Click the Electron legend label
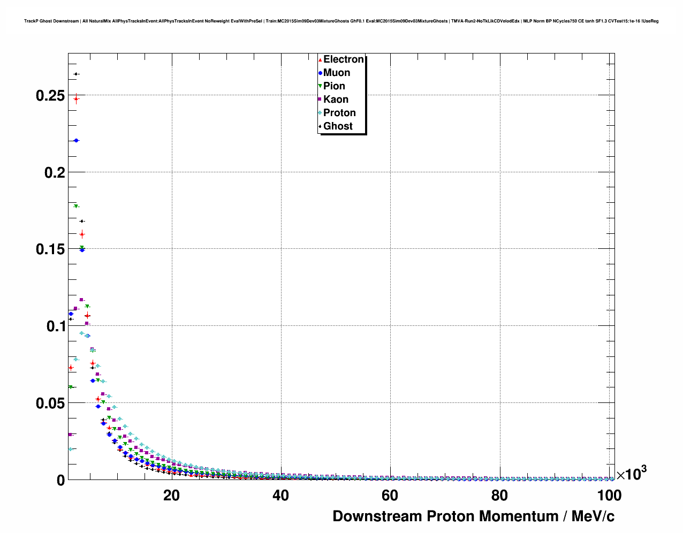[x=344, y=59]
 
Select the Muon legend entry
[x=337, y=73]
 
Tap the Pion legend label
[x=334, y=86]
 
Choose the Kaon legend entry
[x=336, y=100]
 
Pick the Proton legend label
[x=339, y=113]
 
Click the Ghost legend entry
[x=338, y=126]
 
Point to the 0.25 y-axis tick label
[x=50, y=96]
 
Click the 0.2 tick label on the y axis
[x=54, y=172]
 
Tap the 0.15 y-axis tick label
[x=50, y=249]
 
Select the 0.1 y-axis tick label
[x=54, y=326]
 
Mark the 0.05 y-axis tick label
[x=50, y=403]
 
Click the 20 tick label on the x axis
[x=171, y=496]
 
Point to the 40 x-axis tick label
[x=280, y=496]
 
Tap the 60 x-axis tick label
[x=390, y=496]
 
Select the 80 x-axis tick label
[x=499, y=496]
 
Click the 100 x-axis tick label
[x=609, y=496]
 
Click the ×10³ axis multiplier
[x=631, y=474]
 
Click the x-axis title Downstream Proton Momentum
[x=473, y=516]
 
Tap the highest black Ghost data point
[x=76, y=74]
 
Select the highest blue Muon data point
[x=76, y=140]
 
